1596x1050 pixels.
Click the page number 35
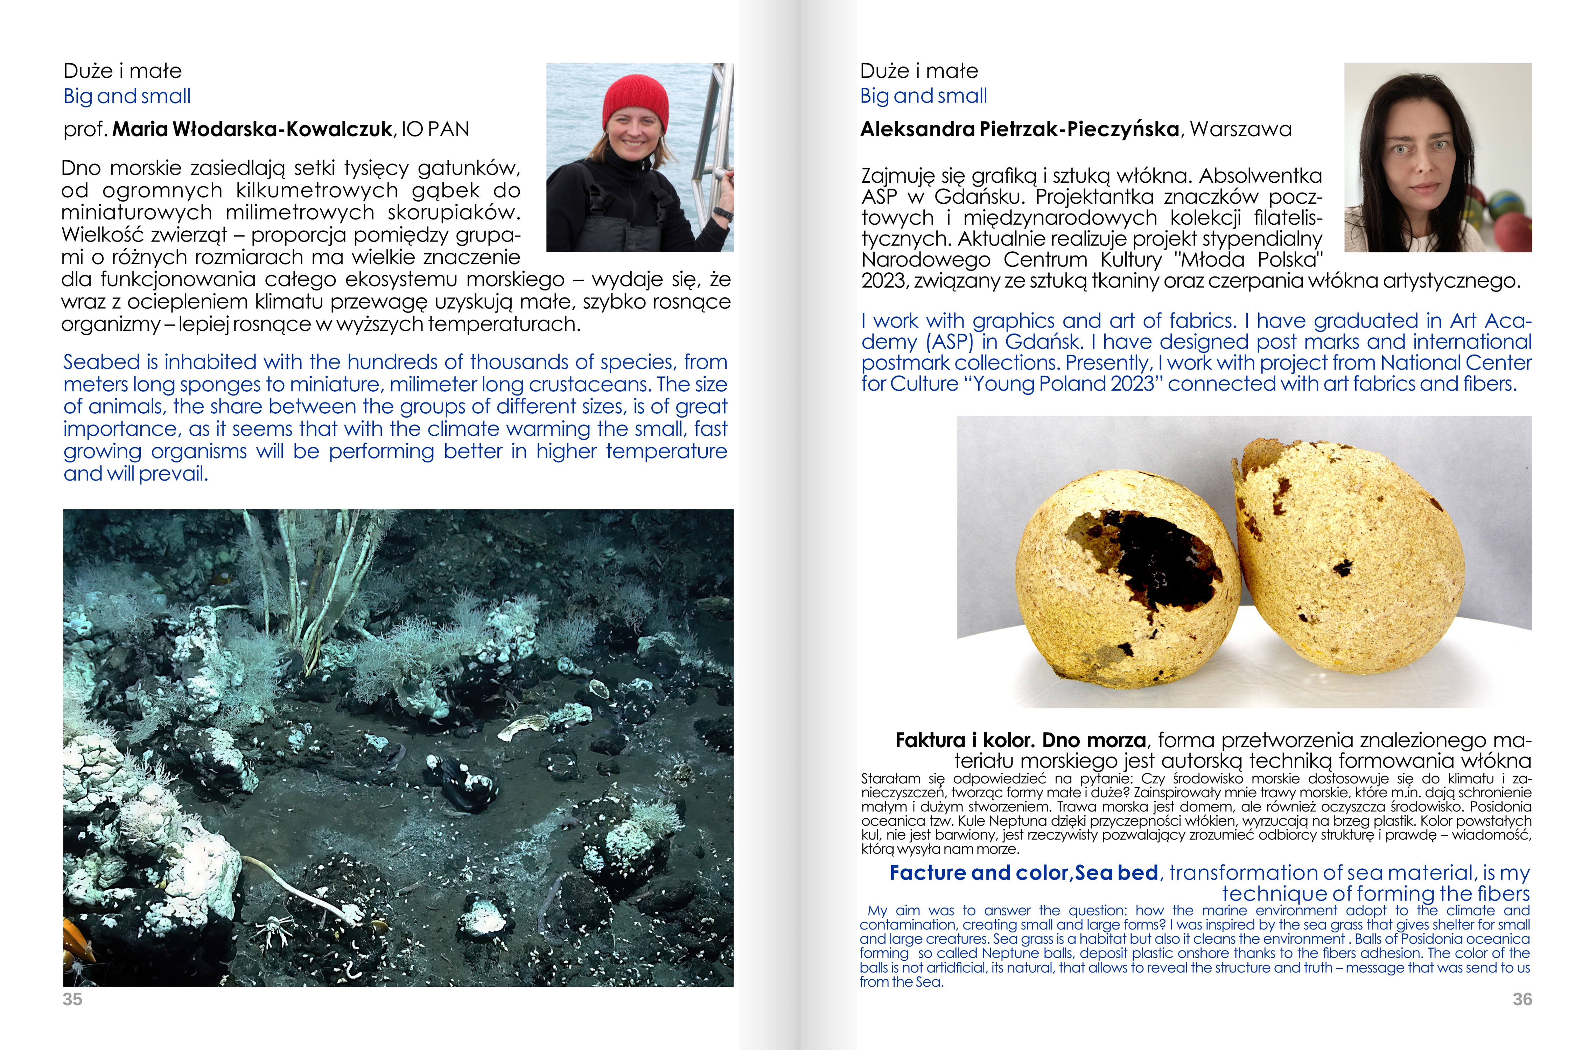coord(72,999)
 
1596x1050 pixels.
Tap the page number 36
coord(1522,999)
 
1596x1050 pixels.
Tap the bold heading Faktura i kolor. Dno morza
coord(1021,740)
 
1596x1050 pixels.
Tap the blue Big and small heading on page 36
coord(923,96)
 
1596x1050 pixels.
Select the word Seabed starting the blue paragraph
coord(102,362)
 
